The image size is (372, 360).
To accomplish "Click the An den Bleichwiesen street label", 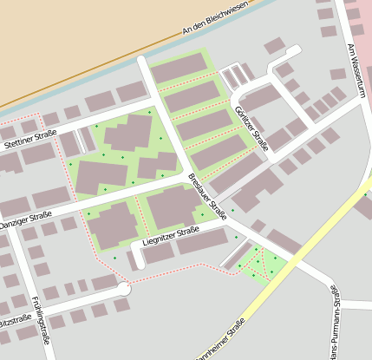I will click(x=216, y=18).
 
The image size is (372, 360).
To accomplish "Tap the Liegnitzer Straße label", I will click(x=171, y=234).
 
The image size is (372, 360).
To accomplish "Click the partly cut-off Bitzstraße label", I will click(x=16, y=321).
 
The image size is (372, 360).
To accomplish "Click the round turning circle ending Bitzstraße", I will click(x=124, y=289).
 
